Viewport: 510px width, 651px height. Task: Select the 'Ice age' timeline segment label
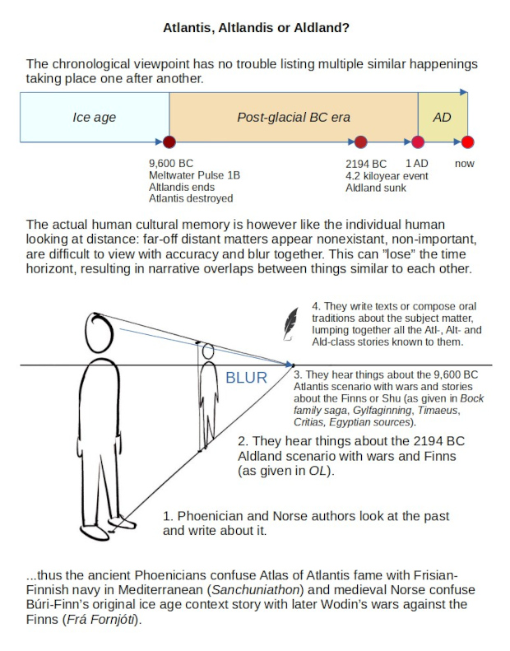click(x=95, y=117)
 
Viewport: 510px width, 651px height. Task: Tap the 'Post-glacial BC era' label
click(x=294, y=117)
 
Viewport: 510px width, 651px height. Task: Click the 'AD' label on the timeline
click(x=442, y=117)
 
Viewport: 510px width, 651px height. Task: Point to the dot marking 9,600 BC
click(x=169, y=142)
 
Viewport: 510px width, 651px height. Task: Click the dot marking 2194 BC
click(x=360, y=142)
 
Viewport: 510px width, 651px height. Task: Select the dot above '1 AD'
click(x=418, y=142)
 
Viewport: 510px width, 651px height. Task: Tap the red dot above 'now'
click(x=467, y=142)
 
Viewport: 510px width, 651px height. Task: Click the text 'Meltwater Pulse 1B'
click(x=194, y=175)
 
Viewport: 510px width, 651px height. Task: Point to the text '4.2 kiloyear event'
click(x=387, y=175)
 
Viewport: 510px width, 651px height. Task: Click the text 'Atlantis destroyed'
click(x=191, y=198)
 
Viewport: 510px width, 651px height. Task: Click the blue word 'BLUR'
click(x=247, y=379)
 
